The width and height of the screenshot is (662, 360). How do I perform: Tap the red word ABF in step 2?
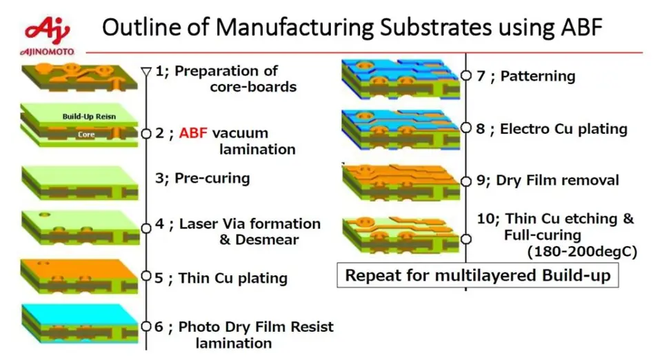coord(193,133)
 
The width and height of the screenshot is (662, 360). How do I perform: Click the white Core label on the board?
coord(86,135)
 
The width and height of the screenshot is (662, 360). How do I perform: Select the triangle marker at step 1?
coord(146,71)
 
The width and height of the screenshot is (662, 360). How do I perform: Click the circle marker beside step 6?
coord(146,326)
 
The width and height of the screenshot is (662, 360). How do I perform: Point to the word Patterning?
coord(538,76)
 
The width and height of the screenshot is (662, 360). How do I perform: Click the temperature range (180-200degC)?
coord(581,252)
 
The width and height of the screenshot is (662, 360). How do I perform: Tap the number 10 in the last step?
coord(485,219)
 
